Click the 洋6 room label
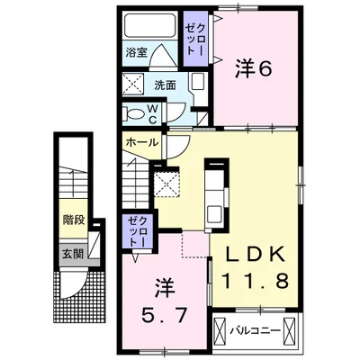(254, 67)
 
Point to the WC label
(154, 113)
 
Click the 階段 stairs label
(73, 218)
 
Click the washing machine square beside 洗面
(135, 86)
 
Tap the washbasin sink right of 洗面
(198, 87)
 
